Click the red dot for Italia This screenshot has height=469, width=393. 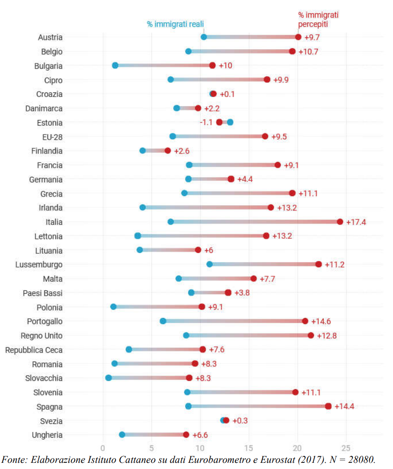pyautogui.click(x=340, y=222)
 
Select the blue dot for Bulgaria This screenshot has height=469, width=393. pyautogui.click(x=115, y=65)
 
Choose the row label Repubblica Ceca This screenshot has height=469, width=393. pyautogui.click(x=34, y=350)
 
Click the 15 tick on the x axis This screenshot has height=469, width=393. pyautogui.click(x=249, y=448)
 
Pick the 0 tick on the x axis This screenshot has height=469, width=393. pyautogui.click(x=103, y=448)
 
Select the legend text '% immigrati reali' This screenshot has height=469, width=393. pyautogui.click(x=175, y=24)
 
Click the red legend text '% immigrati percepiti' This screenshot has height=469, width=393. pyautogui.click(x=318, y=19)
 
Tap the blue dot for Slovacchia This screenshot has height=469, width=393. pyautogui.click(x=108, y=378)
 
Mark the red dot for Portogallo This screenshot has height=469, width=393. pyautogui.click(x=305, y=321)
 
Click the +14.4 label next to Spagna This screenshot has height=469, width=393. pyautogui.click(x=344, y=406)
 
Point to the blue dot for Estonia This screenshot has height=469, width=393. pyautogui.click(x=230, y=122)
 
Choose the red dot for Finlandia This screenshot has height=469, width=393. pyautogui.click(x=167, y=151)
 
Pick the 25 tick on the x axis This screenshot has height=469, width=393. pyautogui.click(x=346, y=448)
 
